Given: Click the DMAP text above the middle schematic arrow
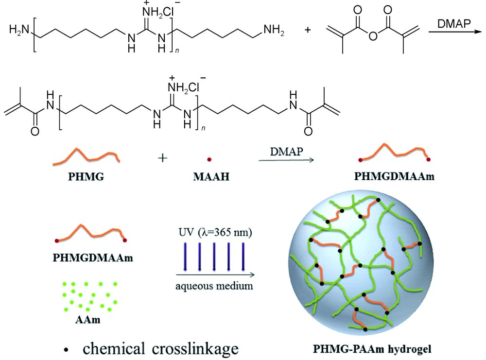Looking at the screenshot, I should (x=287, y=153).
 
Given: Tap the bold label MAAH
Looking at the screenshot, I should (x=208, y=177).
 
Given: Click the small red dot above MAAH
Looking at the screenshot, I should (x=209, y=159).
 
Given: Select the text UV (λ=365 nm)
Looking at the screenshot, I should (x=214, y=233).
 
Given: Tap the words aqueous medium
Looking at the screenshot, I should (x=214, y=285).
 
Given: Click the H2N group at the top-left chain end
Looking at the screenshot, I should (x=18, y=32).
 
